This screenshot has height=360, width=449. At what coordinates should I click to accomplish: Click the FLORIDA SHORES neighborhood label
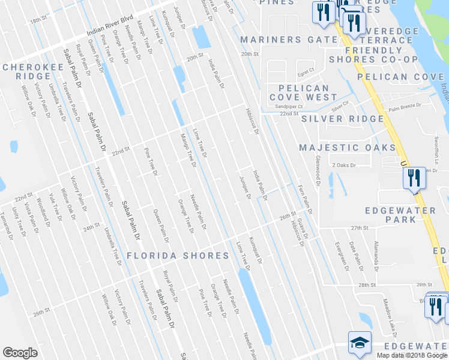click(x=178, y=256)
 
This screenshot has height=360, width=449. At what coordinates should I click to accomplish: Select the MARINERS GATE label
click(x=289, y=40)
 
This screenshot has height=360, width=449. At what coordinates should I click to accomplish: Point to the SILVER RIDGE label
click(x=342, y=119)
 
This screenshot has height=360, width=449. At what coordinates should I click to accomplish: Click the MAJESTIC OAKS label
click(x=347, y=148)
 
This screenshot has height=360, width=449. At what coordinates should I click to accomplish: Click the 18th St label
click(x=38, y=20)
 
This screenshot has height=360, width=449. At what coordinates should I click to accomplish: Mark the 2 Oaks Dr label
click(x=344, y=165)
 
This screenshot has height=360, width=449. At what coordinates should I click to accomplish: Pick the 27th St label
click(x=359, y=228)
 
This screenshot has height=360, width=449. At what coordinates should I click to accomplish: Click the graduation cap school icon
click(x=360, y=342)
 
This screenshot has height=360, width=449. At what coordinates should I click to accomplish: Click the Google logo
click(x=20, y=353)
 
